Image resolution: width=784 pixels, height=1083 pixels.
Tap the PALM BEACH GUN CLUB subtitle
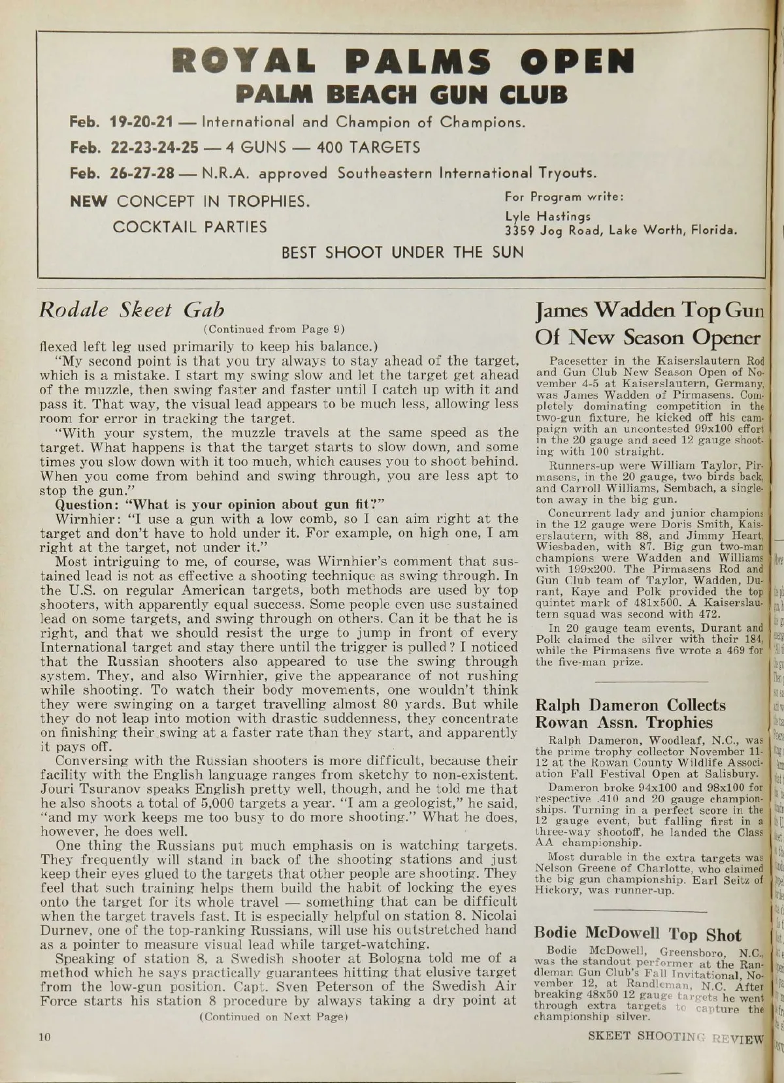402,95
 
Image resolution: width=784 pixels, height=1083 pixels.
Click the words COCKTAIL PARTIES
190,227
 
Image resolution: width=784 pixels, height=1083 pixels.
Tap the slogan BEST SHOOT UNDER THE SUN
402,252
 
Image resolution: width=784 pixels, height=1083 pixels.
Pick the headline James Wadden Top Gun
648,310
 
